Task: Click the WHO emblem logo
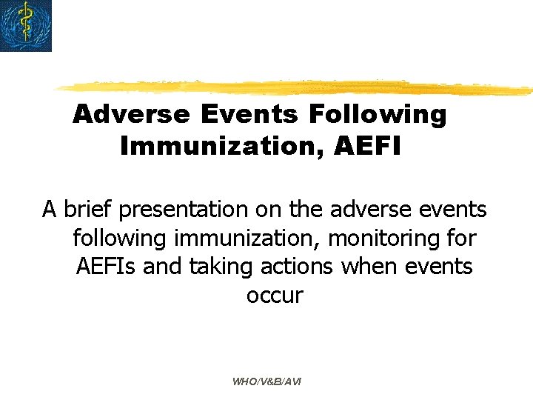(26, 26)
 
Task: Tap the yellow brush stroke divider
(296, 87)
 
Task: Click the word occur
(275, 295)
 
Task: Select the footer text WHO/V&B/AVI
(266, 381)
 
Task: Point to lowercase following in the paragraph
(121, 239)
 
